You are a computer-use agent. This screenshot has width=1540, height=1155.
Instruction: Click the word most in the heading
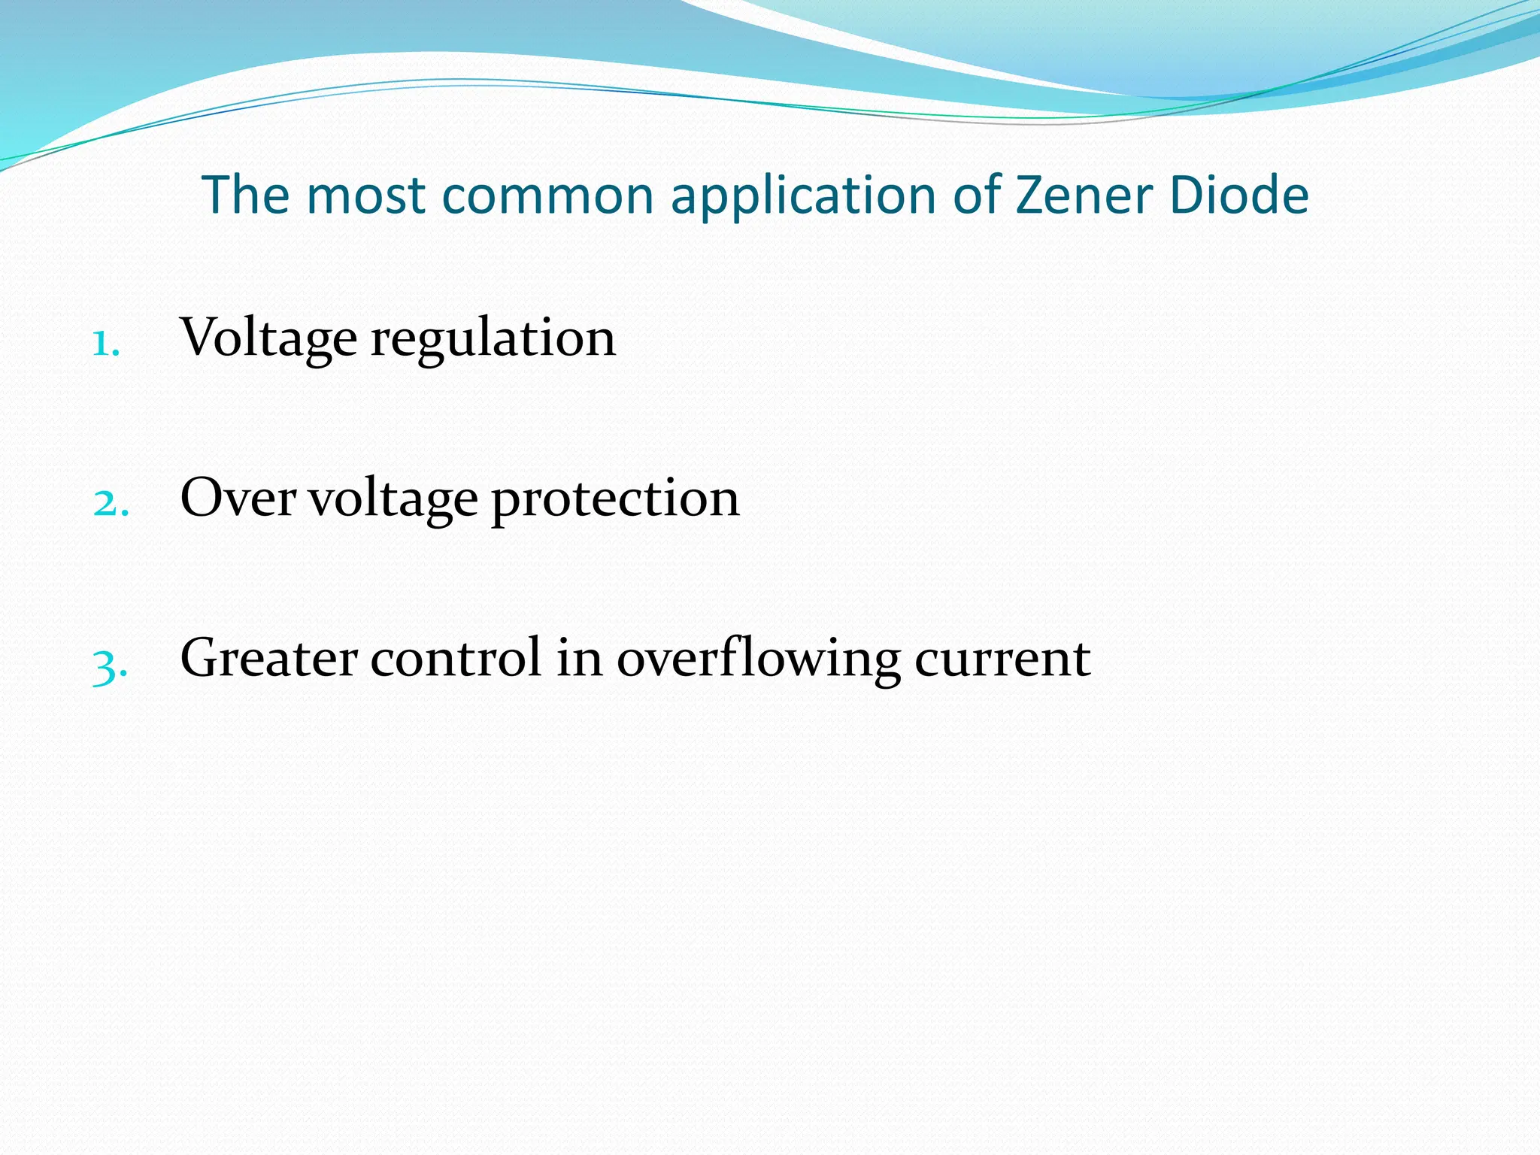pyautogui.click(x=366, y=196)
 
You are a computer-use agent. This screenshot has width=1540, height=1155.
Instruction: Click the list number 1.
pyautogui.click(x=105, y=345)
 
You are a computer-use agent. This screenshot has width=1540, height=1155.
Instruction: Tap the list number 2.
pyautogui.click(x=111, y=504)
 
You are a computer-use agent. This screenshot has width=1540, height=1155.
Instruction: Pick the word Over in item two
pyautogui.click(x=238, y=499)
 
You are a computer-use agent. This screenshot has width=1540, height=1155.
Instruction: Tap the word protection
pyautogui.click(x=615, y=501)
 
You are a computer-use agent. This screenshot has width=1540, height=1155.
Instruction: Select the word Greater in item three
pyautogui.click(x=268, y=659)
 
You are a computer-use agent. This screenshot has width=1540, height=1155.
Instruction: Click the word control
pyautogui.click(x=456, y=659)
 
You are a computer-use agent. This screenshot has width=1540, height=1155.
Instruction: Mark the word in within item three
pyautogui.click(x=580, y=659)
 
